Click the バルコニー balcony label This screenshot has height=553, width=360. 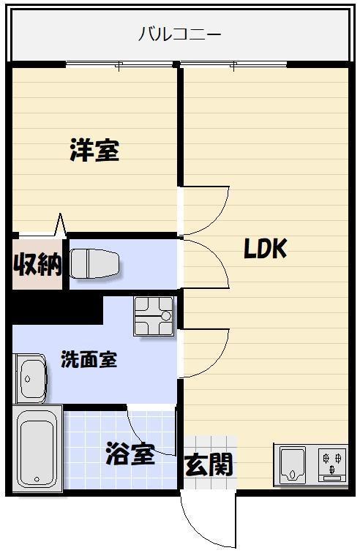click(180, 34)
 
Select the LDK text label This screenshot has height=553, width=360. click(265, 249)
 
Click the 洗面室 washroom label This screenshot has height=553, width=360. click(89, 360)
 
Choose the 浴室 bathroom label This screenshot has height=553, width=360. click(130, 454)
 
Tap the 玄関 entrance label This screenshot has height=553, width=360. click(209, 464)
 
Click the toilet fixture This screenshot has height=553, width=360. click(95, 263)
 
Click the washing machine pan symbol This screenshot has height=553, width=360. click(154, 316)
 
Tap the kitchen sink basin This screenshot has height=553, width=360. click(294, 464)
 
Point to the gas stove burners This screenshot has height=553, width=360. click(333, 464)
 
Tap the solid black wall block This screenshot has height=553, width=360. click(55, 308)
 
